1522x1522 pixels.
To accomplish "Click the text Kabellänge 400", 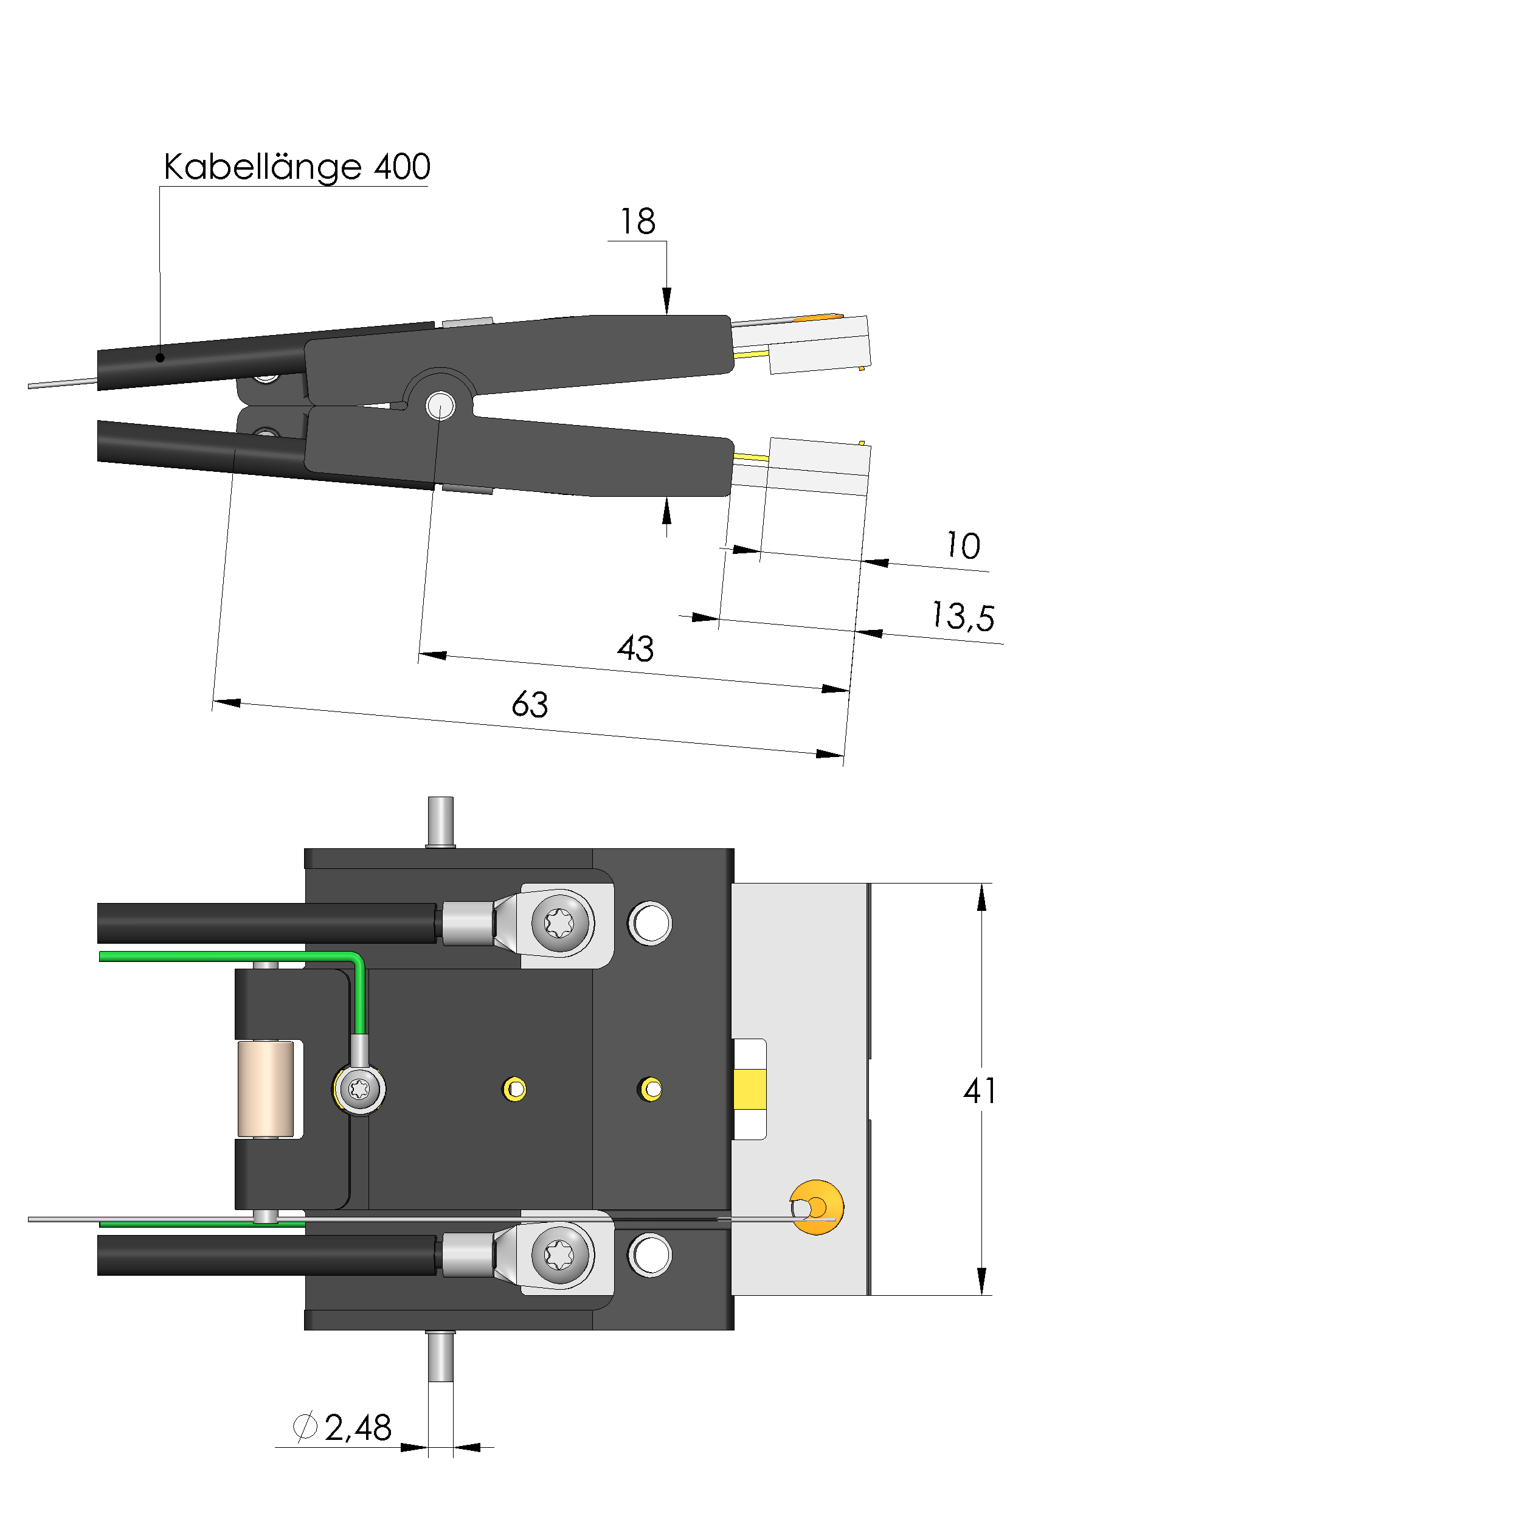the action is pyautogui.click(x=297, y=167).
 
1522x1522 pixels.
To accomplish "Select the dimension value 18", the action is pyautogui.click(x=637, y=221).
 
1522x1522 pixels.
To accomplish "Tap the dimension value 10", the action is pyautogui.click(x=963, y=545).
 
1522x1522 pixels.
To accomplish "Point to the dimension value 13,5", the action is pyautogui.click(x=963, y=616).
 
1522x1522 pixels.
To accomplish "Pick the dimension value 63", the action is pyautogui.click(x=530, y=704).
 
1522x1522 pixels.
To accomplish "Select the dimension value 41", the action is pyautogui.click(x=979, y=1091).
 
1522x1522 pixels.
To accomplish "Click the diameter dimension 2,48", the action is pyautogui.click(x=358, y=1428).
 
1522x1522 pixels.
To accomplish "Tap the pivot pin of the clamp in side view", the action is pyautogui.click(x=440, y=407).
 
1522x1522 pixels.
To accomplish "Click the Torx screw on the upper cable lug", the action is pyautogui.click(x=560, y=922).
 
